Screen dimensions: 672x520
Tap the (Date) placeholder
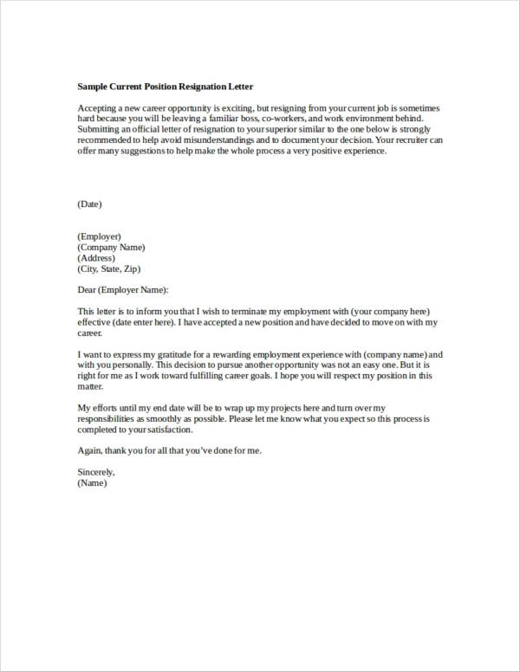pyautogui.click(x=90, y=204)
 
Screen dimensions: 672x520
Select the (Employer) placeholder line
pyautogui.click(x=99, y=236)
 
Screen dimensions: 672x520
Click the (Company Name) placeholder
pyautogui.click(x=111, y=247)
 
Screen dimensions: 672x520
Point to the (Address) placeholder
pyautogui.click(x=96, y=257)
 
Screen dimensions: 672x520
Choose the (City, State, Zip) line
pyautogui.click(x=108, y=268)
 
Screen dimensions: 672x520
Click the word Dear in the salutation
pyautogui.click(x=87, y=289)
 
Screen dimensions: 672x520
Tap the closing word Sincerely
pyautogui.click(x=95, y=472)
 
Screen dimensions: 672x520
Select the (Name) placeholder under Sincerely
pyautogui.click(x=92, y=483)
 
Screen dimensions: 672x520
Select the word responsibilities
pyautogui.click(x=107, y=418)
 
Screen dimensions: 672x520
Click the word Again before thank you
pyautogui.click(x=89, y=451)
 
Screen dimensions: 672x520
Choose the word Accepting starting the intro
pyautogui.click(x=96, y=107)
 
